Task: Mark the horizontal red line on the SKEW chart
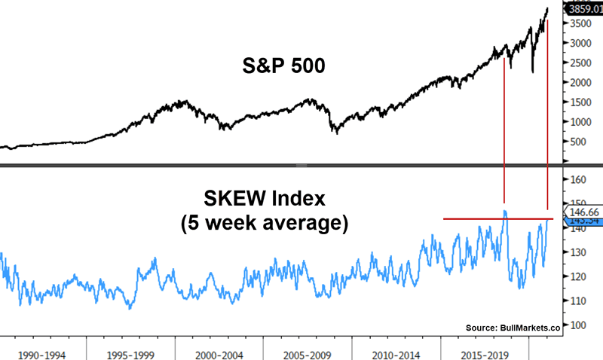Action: coord(467,219)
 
